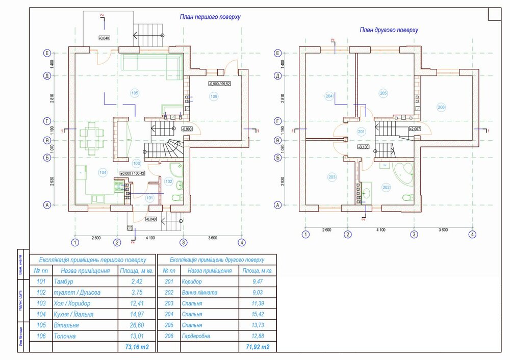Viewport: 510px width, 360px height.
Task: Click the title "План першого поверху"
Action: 210,17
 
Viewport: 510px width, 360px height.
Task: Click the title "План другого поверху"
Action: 389,30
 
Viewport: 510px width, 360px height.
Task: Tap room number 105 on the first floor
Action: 135,93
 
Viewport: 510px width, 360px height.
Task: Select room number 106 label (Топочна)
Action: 214,96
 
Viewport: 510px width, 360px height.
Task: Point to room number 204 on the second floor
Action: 329,96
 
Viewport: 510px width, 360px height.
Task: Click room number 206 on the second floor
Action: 441,107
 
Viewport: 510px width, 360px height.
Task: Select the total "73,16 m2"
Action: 134,347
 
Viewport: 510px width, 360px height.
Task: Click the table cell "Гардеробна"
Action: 196,336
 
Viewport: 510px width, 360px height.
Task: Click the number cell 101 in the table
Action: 41,281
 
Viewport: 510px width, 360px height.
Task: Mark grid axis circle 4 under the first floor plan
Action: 242,242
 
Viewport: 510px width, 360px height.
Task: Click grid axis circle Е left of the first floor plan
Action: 47,53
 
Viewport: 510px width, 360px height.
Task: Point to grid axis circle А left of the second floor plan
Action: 278,205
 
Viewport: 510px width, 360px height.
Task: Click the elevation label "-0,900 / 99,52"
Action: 220,83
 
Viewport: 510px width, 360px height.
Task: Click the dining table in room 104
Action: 92,138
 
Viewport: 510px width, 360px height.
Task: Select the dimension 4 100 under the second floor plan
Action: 380,229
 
